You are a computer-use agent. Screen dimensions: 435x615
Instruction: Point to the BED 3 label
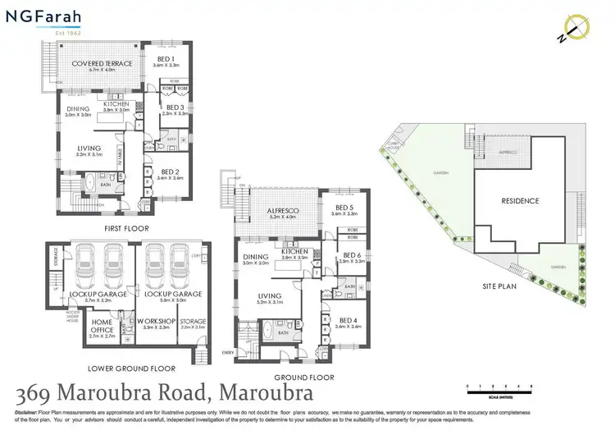[x=174, y=108]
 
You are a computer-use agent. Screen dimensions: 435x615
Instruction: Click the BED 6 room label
[x=352, y=255]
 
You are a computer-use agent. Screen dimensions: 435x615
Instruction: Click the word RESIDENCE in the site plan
[x=520, y=201]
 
